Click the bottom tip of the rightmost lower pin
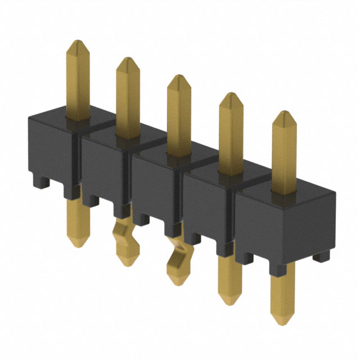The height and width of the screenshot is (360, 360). tap(281, 324)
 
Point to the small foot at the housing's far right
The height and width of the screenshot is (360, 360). tap(321, 256)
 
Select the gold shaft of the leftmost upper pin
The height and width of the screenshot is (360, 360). tap(78, 84)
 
